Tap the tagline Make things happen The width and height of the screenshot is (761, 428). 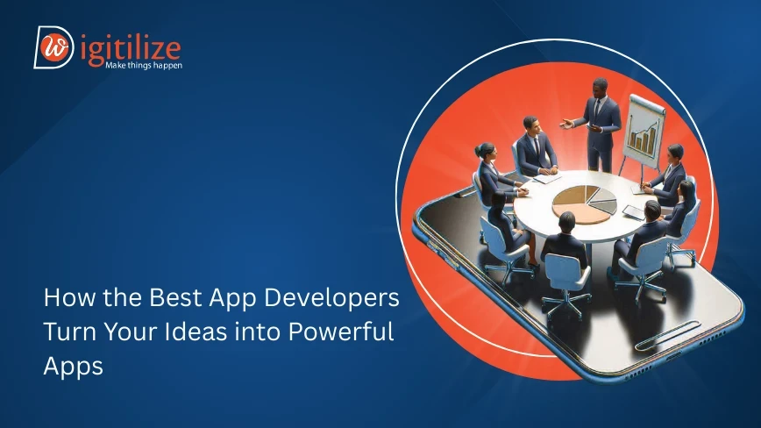(x=144, y=65)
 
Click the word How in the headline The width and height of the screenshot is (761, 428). (x=69, y=297)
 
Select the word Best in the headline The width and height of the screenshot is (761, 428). (x=175, y=297)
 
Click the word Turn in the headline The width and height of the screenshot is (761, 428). (x=70, y=332)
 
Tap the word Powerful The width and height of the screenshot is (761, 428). (x=341, y=332)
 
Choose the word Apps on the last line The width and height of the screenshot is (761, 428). (x=74, y=367)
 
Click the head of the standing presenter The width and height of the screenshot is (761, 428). (x=600, y=88)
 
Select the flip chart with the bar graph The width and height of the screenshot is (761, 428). (x=644, y=131)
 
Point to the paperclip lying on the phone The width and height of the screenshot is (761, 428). (x=668, y=335)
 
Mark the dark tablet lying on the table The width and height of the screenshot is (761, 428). (x=633, y=212)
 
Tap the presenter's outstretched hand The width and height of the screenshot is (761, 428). (x=565, y=125)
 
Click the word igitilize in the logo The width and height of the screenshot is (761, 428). (x=131, y=49)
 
